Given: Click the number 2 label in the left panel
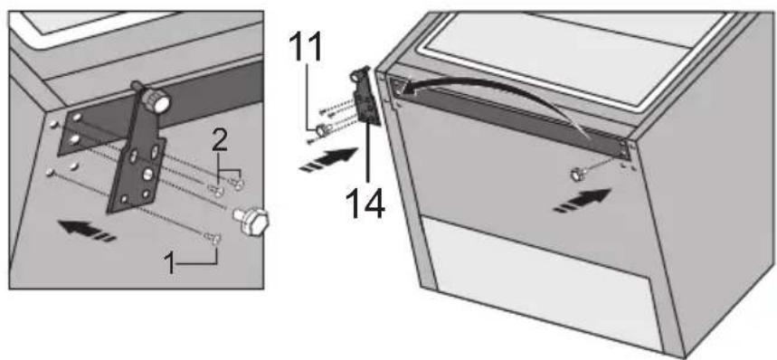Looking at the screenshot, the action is (x=220, y=141).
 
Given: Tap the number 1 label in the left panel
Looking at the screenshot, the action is (x=170, y=264).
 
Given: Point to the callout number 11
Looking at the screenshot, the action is (x=305, y=48).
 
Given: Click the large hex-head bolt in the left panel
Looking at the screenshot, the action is (x=251, y=221).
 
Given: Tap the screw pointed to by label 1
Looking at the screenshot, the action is (x=212, y=238).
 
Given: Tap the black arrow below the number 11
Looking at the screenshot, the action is (x=329, y=158).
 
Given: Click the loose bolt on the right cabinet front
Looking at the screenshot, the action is (x=577, y=174).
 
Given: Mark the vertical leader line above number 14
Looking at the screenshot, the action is (x=367, y=155).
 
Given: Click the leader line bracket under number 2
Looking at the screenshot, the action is (x=230, y=170).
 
